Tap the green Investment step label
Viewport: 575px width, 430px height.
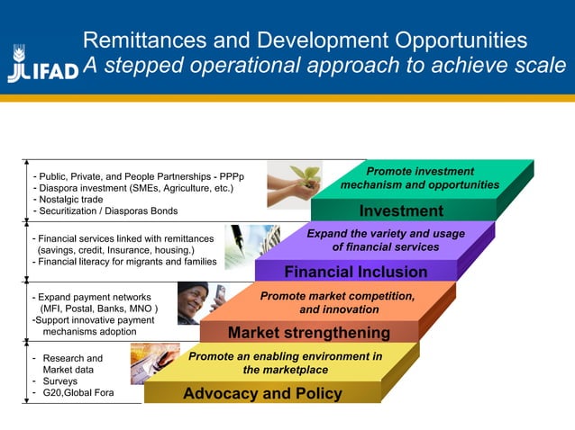click(x=401, y=211)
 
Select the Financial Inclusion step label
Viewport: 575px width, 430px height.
click(x=355, y=272)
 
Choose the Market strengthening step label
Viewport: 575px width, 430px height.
click(x=308, y=333)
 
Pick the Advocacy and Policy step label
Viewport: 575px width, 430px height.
click(x=262, y=393)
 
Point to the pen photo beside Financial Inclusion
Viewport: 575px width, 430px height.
click(x=252, y=246)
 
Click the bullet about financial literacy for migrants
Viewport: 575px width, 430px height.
click(x=127, y=262)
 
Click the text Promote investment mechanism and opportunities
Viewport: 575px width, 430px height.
click(x=419, y=178)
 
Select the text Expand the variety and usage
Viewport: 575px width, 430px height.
click(x=386, y=234)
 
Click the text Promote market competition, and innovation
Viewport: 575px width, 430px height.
click(x=337, y=302)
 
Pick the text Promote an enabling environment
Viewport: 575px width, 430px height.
click(x=285, y=356)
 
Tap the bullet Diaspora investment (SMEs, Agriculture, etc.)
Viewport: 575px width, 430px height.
click(x=136, y=188)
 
